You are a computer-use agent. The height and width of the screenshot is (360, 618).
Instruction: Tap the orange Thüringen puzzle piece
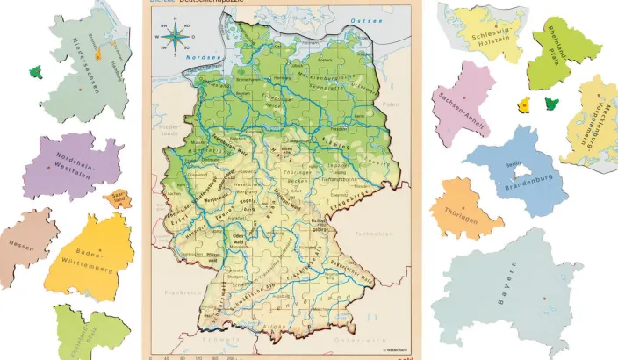click(463, 209)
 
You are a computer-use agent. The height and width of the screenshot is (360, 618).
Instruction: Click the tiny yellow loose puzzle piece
click(523, 105)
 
